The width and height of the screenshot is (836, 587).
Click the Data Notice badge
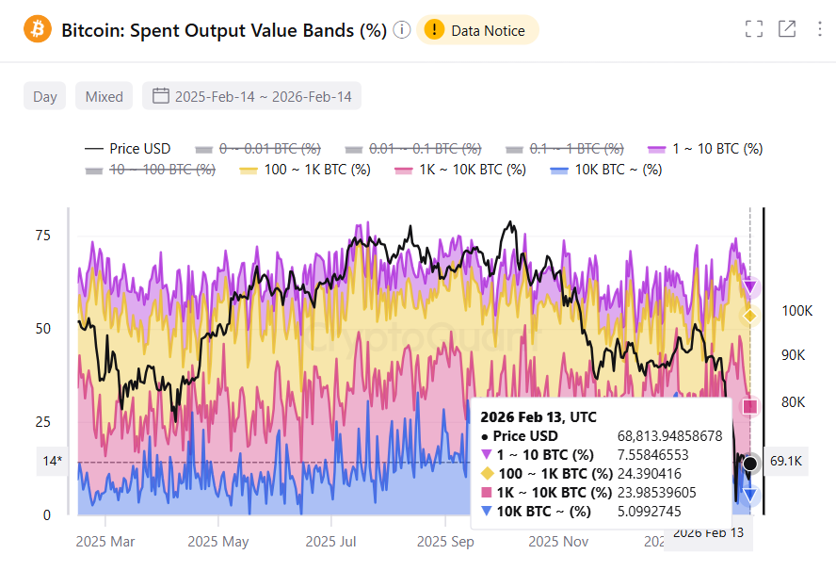(477, 30)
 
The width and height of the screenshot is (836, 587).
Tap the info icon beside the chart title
(402, 30)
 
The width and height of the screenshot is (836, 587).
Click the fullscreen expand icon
(753, 29)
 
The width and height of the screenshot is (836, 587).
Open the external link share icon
(787, 29)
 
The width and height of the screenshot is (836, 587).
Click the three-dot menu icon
(820, 29)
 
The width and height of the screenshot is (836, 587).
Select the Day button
(44, 96)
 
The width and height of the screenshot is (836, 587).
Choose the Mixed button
(104, 96)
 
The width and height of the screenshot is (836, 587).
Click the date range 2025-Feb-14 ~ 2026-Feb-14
(251, 96)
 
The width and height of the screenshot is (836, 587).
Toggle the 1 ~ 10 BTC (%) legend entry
(705, 149)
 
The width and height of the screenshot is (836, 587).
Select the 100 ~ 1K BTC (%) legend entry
(304, 170)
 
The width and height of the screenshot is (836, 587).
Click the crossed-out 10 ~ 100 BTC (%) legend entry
(150, 170)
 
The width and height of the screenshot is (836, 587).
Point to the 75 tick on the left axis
(43, 236)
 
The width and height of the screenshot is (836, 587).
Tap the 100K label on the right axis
(796, 310)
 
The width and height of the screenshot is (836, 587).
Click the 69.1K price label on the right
(785, 462)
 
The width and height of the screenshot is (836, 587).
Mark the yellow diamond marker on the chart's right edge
(750, 316)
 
